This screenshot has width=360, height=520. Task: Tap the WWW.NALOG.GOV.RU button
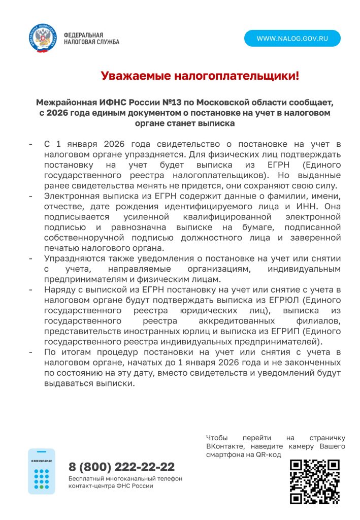tap(292, 39)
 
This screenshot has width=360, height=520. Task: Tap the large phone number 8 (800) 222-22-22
tap(121, 467)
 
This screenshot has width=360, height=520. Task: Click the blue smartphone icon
tap(41, 471)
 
